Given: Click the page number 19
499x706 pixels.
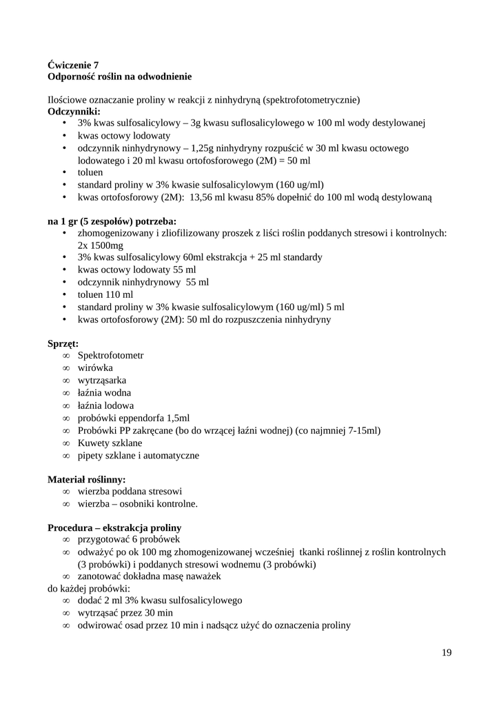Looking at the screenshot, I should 447,652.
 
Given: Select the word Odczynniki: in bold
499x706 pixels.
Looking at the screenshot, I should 74,111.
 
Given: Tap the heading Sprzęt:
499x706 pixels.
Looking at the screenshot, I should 63,343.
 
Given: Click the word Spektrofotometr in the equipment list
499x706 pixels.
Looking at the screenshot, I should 110,355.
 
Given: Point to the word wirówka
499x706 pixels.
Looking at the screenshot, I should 95,367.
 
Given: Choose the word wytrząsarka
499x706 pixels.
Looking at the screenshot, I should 101,380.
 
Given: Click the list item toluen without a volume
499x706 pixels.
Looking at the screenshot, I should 90,172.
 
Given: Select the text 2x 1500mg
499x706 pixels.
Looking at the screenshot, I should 101,245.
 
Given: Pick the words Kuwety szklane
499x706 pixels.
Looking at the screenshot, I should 110,443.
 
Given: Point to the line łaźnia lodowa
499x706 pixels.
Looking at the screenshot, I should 105,405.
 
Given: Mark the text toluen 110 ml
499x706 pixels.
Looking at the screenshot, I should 105,294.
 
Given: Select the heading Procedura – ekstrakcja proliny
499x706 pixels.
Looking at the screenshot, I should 114,527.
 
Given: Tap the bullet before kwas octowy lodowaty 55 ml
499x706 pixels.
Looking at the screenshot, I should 64,270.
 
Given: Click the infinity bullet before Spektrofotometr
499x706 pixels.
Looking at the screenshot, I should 66,355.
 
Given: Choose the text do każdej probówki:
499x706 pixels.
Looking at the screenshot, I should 89,589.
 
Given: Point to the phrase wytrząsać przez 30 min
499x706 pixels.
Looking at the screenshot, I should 125,613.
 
